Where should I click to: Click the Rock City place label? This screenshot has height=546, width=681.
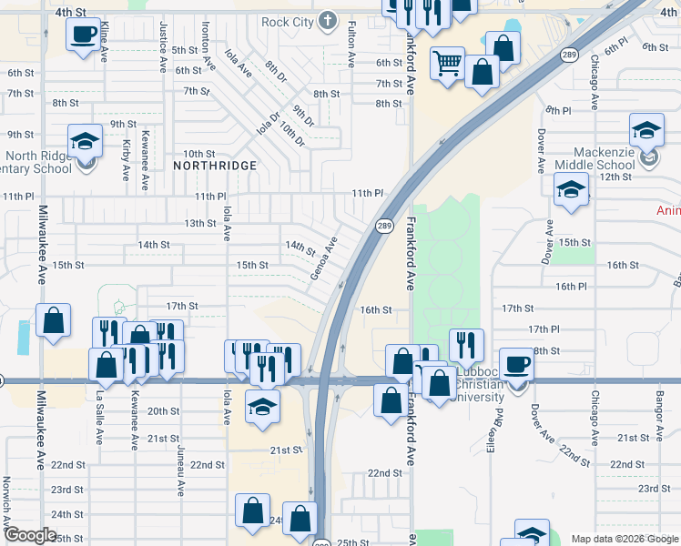287,22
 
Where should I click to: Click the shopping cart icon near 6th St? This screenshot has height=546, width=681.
447,65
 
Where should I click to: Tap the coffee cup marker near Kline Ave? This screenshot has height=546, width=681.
84,35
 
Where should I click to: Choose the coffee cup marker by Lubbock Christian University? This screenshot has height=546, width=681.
516,365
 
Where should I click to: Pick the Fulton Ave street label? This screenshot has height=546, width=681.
351,45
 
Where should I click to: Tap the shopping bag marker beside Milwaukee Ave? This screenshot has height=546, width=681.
54,320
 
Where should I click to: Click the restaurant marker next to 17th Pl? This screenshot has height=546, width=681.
465,345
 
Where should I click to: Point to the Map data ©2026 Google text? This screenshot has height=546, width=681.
624,539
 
